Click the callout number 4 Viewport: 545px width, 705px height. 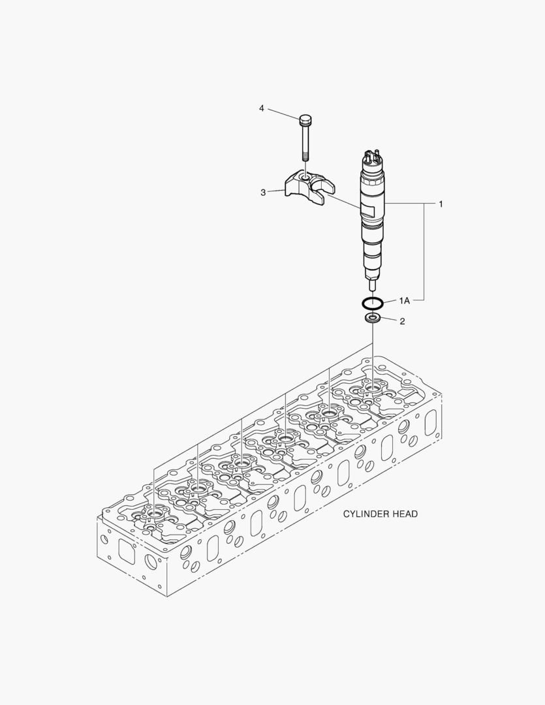pos(262,108)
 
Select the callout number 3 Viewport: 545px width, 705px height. pos(263,193)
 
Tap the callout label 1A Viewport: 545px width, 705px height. pos(404,301)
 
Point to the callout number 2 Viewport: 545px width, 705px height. pos(402,321)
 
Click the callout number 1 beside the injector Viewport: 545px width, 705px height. pos(441,204)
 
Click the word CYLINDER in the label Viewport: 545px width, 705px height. pos(366,514)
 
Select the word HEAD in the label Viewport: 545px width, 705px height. pos(405,514)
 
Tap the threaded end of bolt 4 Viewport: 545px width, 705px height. pos(305,155)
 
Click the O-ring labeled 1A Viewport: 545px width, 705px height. pos(372,302)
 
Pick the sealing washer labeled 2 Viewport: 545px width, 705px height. pos(373,319)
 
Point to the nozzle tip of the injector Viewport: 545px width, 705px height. pos(372,285)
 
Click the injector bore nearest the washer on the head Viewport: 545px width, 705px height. pos(373,388)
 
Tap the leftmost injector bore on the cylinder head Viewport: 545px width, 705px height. pos(154,513)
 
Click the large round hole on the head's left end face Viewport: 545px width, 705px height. pos(151,561)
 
